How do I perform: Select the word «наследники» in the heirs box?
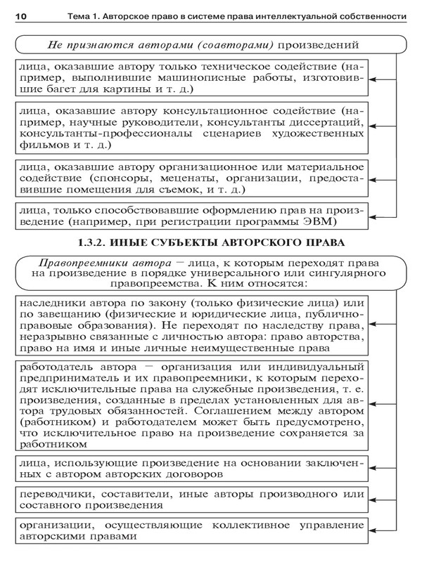point(55,302)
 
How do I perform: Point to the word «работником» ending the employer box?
point(51,445)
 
